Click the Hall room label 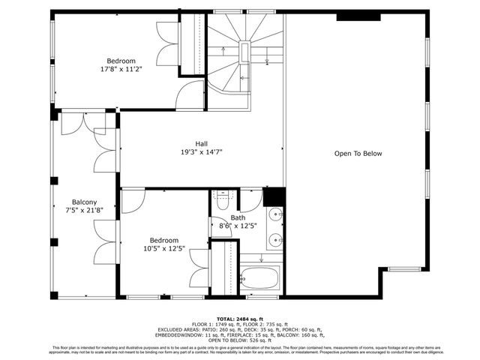[x=201, y=143]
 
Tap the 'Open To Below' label [x=358, y=154]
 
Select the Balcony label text [x=83, y=202]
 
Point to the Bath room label [x=237, y=217]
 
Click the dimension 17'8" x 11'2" [x=120, y=69]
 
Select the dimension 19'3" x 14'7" [x=201, y=151]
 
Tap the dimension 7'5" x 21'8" [x=83, y=211]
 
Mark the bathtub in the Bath [x=259, y=277]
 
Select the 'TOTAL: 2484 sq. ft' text [x=240, y=318]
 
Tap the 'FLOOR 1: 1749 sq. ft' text [x=214, y=323]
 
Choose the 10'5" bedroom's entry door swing [x=132, y=201]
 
